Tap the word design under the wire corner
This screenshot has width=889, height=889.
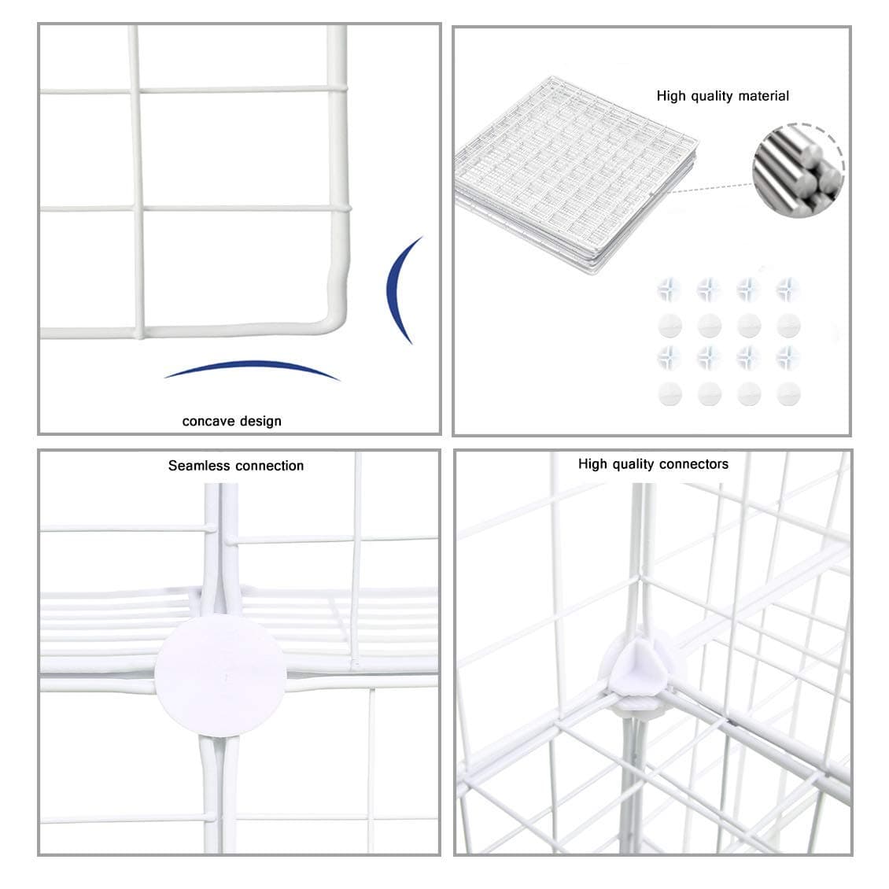tap(256, 421)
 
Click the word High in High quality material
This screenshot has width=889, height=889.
tap(672, 96)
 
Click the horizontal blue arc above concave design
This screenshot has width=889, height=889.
tap(252, 368)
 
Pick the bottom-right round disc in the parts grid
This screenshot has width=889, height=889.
tap(788, 393)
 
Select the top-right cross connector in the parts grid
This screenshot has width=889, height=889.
tap(788, 290)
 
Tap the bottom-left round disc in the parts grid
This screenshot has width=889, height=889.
tap(670, 393)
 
